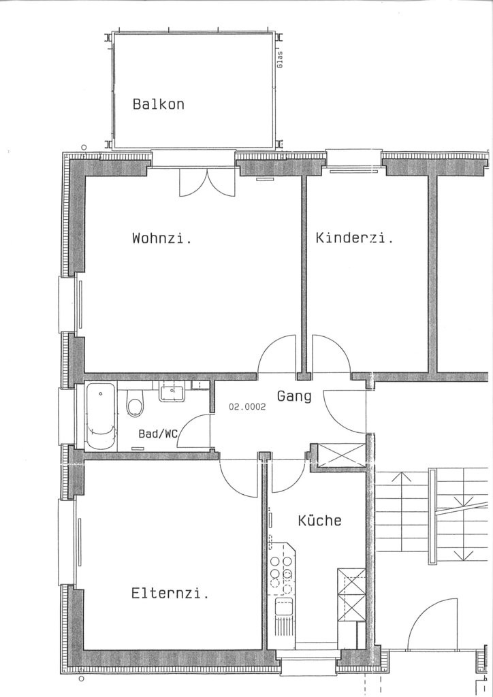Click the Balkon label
(158, 104)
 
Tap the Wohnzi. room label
(162, 238)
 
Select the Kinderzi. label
(354, 238)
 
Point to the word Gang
(294, 396)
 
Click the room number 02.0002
(247, 406)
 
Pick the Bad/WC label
(158, 434)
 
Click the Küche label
(319, 520)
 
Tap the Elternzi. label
(170, 594)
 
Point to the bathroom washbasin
(172, 392)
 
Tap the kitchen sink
(284, 606)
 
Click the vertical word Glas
(280, 60)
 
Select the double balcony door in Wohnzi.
(207, 182)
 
